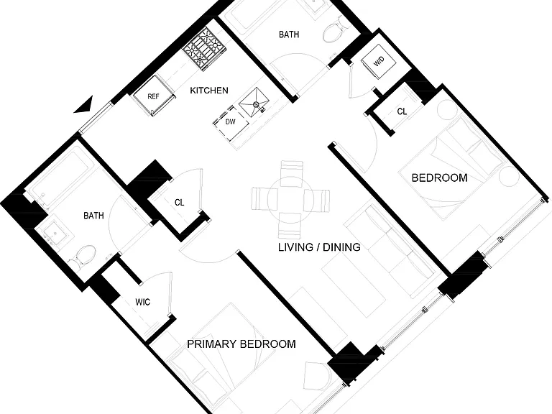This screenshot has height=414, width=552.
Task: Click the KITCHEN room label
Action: pos(209,91)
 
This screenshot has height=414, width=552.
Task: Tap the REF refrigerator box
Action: pos(154,96)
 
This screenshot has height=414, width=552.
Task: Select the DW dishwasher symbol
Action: pos(231,122)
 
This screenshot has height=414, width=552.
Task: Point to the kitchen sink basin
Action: pos(254,103)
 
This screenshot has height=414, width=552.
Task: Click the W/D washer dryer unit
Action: pos(379,62)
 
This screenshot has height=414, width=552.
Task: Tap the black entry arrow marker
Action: pos(85,105)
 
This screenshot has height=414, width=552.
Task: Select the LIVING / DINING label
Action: pos(319,247)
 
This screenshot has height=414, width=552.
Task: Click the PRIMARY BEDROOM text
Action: pos(241,344)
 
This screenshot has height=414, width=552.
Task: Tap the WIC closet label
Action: pos(142,302)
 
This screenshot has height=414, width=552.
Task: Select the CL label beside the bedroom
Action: pos(402,111)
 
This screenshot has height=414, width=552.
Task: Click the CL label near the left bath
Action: pos(179,203)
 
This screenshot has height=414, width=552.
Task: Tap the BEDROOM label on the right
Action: pos(440,178)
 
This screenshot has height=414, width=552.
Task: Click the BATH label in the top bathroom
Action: pos(289,34)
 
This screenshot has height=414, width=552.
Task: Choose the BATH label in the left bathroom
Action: pos(93,216)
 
